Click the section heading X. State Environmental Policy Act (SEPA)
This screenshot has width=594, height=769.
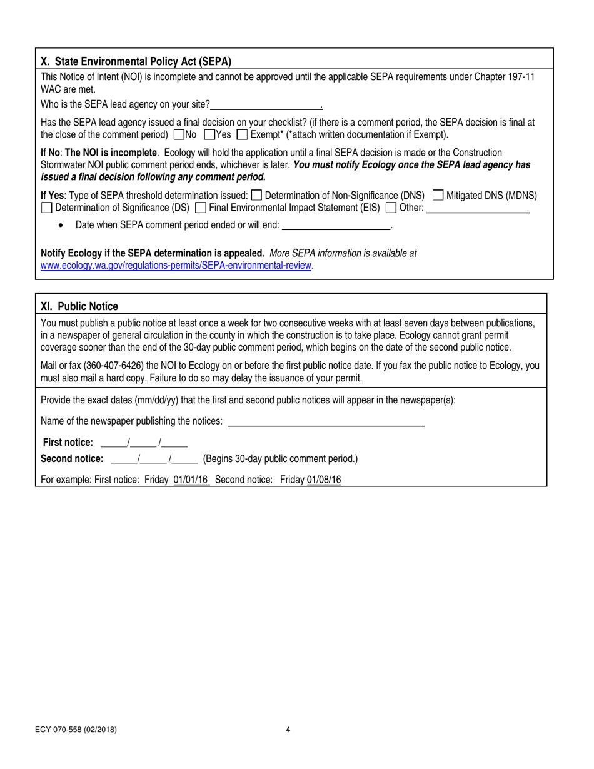tap(136, 61)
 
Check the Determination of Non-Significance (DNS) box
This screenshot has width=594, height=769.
tap(256, 195)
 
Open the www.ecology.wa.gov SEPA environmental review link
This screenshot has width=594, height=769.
tap(176, 265)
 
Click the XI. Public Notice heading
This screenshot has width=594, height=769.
tap(79, 306)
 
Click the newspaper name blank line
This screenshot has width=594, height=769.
tap(326, 421)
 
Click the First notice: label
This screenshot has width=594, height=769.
tap(68, 442)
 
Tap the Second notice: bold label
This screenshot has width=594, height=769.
tap(72, 458)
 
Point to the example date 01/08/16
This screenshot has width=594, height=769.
tap(324, 480)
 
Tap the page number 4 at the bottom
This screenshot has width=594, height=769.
tap(288, 729)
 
